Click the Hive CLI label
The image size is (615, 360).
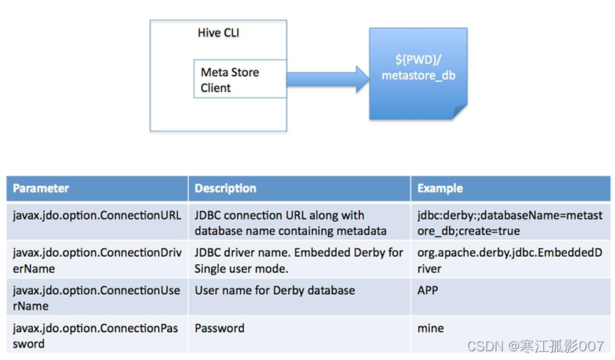click(x=218, y=33)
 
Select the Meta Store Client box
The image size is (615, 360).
click(x=240, y=79)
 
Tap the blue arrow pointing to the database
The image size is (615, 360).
click(x=328, y=79)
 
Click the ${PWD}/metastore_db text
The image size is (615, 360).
click(x=419, y=67)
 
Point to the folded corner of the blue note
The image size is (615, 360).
click(x=460, y=112)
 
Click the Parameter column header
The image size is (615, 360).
click(x=41, y=188)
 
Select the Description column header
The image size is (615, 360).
click(x=225, y=188)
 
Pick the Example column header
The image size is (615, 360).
click(x=440, y=188)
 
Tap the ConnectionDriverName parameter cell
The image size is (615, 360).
click(x=97, y=260)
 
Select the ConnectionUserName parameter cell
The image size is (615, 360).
click(x=97, y=298)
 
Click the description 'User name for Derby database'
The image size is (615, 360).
click(x=275, y=290)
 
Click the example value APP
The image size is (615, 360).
click(x=428, y=290)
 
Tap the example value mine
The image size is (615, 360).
click(x=430, y=328)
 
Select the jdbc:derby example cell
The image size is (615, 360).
click(x=510, y=222)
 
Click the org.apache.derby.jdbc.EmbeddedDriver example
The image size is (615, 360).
click(x=510, y=260)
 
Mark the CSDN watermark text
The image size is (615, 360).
click(x=536, y=346)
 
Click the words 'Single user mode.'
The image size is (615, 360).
click(x=241, y=269)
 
